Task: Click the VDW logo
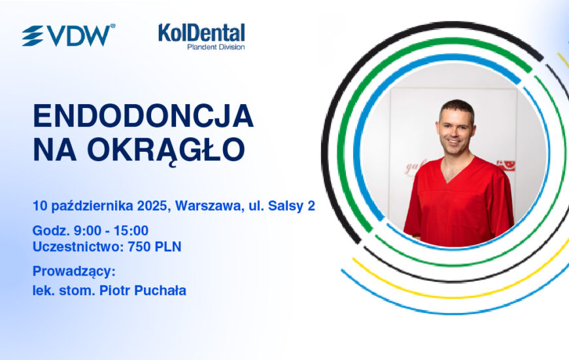coord(69,35)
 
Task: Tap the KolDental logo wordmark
coord(201,33)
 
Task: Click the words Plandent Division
coord(216,47)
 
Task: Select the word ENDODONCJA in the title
coord(143,115)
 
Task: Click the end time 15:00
coord(131,230)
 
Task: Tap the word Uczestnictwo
coord(78,247)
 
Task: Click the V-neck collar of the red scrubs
coord(457,170)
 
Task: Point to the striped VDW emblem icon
coord(33,35)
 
